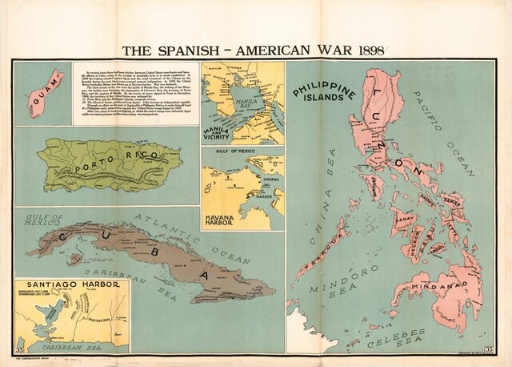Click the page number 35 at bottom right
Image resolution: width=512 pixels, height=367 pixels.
click(x=488, y=349)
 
